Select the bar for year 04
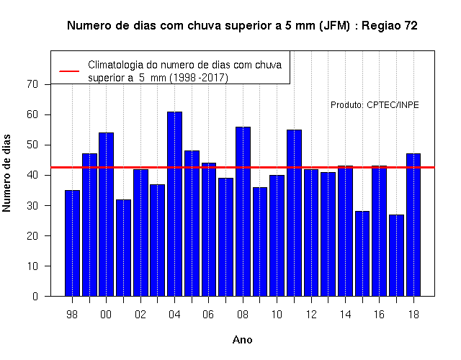tap(174, 204)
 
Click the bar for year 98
tap(72, 243)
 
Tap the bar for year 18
tap(413, 225)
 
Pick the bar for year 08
tap(243, 212)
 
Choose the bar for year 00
tap(106, 215)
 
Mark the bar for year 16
tap(380, 231)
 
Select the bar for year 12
tap(311, 233)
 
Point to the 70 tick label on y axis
tap(32, 84)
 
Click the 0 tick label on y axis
tap(35, 296)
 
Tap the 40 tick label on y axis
tap(32, 175)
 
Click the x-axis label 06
tap(208, 315)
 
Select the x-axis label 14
tap(345, 315)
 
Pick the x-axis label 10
tap(277, 315)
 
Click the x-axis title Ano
tap(243, 340)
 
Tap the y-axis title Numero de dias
tap(6, 174)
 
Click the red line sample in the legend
tap(69, 71)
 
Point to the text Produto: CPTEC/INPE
tap(375, 105)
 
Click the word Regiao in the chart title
tap(381, 26)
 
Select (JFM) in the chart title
tap(334, 26)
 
